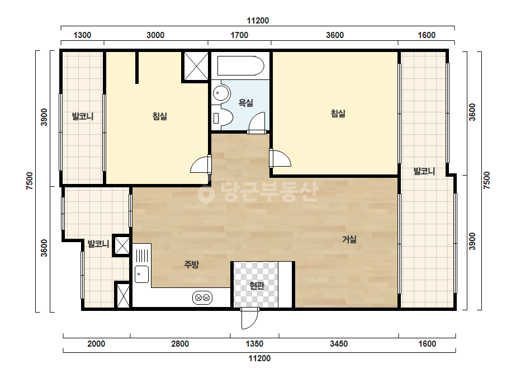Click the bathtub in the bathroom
coord(240,65)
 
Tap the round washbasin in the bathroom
coord(221,93)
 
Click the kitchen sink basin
coord(141,274)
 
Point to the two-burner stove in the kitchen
coord(202,297)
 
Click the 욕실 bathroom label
coord(245,103)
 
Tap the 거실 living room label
coord(349,239)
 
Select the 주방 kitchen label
coord(191,264)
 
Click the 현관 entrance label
coord(257,286)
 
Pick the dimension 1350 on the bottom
coord(254,344)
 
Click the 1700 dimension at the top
coord(239,35)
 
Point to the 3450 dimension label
coord(339,344)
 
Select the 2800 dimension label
coord(180,344)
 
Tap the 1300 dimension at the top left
coord(82,35)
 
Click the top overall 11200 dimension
coord(258,21)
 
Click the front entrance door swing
coord(249,319)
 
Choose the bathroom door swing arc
coord(257,122)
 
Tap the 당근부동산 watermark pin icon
coord(206,192)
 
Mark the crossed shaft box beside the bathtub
coord(196,66)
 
